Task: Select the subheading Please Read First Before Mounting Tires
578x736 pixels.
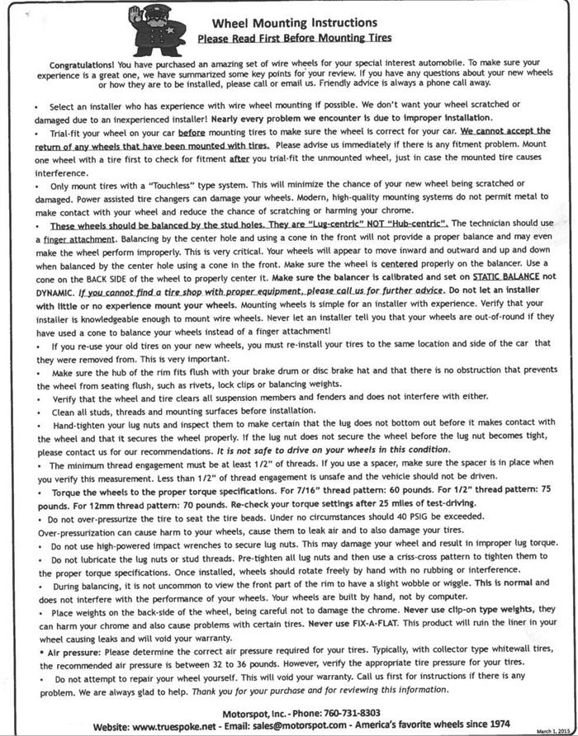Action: [294, 38]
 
